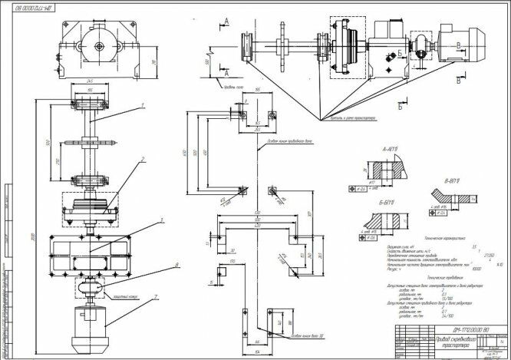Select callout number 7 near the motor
click(x=157, y=296)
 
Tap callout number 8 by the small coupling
click(x=157, y=265)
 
